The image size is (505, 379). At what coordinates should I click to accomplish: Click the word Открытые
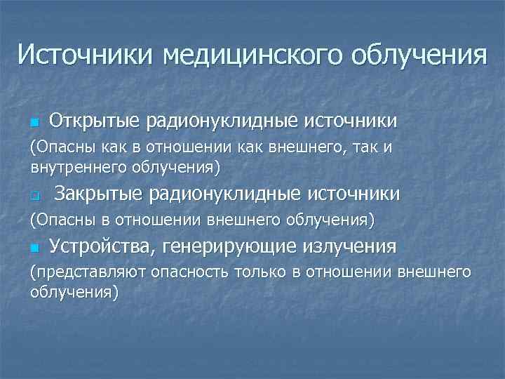click(94, 121)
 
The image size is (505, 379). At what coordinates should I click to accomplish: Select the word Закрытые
click(99, 194)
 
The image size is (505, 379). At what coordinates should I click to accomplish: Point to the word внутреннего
click(77, 167)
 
